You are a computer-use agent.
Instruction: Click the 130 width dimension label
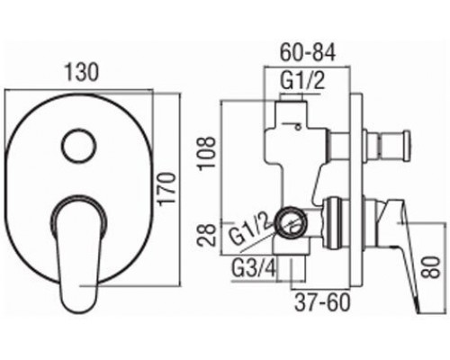point(82,73)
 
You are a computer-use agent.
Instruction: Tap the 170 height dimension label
point(166,189)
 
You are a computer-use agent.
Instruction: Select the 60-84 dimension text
point(308,53)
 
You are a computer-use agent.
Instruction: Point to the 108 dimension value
point(207,153)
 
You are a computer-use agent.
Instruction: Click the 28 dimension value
point(207,235)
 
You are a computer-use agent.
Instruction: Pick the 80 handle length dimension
point(431,267)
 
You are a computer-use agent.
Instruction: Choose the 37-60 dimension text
point(322,301)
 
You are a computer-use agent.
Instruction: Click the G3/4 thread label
point(254,267)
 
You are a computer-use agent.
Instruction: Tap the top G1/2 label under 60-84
point(302,80)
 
